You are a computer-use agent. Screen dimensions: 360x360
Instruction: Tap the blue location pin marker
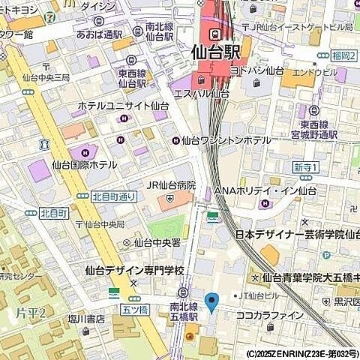(211, 302)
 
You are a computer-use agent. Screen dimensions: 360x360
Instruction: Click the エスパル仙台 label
(202, 94)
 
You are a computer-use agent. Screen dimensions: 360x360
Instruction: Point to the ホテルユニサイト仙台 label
(123, 107)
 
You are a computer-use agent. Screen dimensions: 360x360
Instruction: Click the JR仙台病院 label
(170, 185)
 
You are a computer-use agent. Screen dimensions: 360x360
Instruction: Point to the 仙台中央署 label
(157, 242)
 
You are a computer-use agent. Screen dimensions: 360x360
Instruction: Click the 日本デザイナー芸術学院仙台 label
(297, 235)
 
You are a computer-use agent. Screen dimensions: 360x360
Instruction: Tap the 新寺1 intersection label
(307, 166)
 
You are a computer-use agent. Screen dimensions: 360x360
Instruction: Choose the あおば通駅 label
(98, 34)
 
